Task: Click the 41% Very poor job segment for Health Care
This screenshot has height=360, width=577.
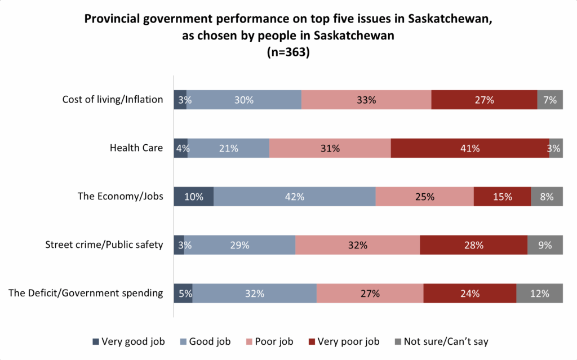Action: tap(469, 148)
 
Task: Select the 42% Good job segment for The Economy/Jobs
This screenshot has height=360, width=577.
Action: tap(294, 197)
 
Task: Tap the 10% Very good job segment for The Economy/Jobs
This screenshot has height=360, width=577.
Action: tap(193, 197)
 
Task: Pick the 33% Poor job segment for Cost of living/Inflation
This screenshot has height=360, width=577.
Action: tap(366, 100)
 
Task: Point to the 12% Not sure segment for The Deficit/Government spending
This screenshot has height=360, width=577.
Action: tap(539, 293)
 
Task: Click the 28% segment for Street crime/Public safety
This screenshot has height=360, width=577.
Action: tap(473, 245)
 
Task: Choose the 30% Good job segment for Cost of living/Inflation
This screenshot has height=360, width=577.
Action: tap(244, 100)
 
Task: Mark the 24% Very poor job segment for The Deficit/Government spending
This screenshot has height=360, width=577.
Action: tap(469, 293)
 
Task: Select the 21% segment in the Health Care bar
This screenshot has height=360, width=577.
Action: tap(228, 148)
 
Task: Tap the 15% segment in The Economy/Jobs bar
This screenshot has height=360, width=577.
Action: tap(502, 197)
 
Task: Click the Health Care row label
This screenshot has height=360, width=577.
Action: tap(136, 148)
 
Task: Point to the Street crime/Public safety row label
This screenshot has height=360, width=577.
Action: tap(104, 245)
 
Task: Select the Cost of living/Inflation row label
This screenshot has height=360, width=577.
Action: tap(113, 100)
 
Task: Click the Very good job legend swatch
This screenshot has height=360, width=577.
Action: tap(96, 341)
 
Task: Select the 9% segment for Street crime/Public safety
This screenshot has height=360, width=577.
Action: tap(545, 245)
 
